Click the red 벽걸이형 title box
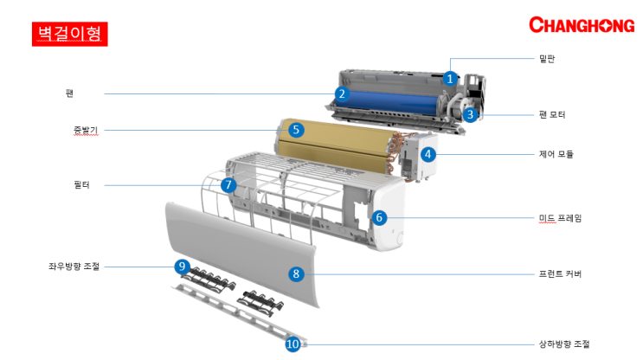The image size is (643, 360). [70, 34]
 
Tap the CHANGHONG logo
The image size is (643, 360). [582, 25]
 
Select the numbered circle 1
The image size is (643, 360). [450, 78]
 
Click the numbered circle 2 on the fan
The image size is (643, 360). [342, 94]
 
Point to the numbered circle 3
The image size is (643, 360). [471, 114]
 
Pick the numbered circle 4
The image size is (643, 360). [428, 154]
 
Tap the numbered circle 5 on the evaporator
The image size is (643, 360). [296, 130]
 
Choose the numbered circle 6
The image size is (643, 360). [379, 217]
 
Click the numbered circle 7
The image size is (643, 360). [228, 185]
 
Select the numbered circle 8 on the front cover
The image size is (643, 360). [296, 274]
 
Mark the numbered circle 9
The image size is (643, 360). [182, 267]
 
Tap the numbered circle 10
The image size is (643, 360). [293, 344]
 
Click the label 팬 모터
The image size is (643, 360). [552, 114]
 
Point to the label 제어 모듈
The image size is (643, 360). [556, 154]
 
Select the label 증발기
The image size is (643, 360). [86, 131]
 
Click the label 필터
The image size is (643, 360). [81, 185]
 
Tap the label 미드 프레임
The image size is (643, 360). [560, 218]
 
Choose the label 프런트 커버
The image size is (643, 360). [560, 274]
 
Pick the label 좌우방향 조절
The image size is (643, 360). [74, 267]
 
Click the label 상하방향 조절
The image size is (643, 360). [564, 344]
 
